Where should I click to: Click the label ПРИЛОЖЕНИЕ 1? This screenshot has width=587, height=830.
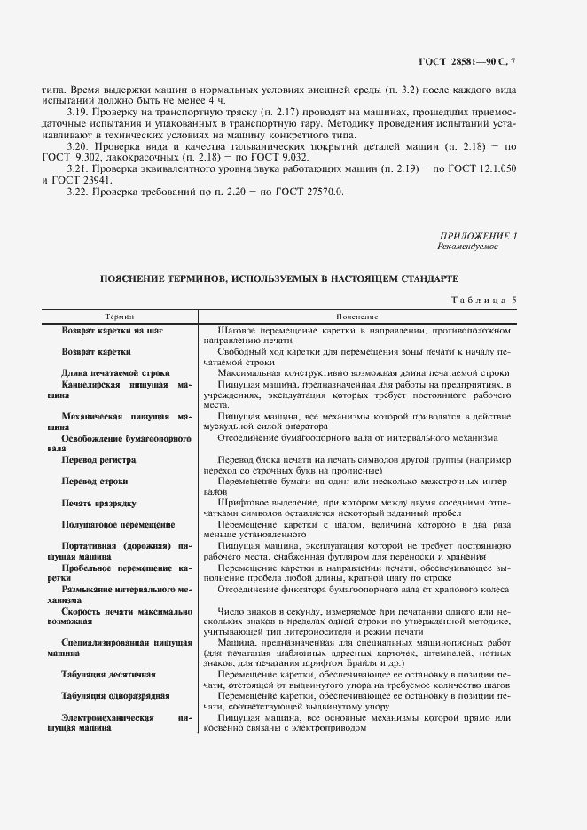click(478, 236)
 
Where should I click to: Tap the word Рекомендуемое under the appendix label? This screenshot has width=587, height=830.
click(467, 247)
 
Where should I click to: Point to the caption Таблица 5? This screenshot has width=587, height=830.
click(483, 299)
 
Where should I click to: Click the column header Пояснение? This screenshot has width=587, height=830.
click(357, 317)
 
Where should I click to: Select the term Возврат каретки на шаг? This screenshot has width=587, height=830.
click(113, 330)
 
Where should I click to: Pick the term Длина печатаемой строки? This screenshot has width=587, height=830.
click(115, 373)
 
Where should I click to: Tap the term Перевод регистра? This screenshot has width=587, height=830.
click(98, 460)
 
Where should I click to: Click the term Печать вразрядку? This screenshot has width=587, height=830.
click(98, 504)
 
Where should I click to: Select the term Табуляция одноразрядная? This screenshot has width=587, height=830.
click(115, 696)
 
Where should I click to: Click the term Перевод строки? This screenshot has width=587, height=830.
click(95, 482)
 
